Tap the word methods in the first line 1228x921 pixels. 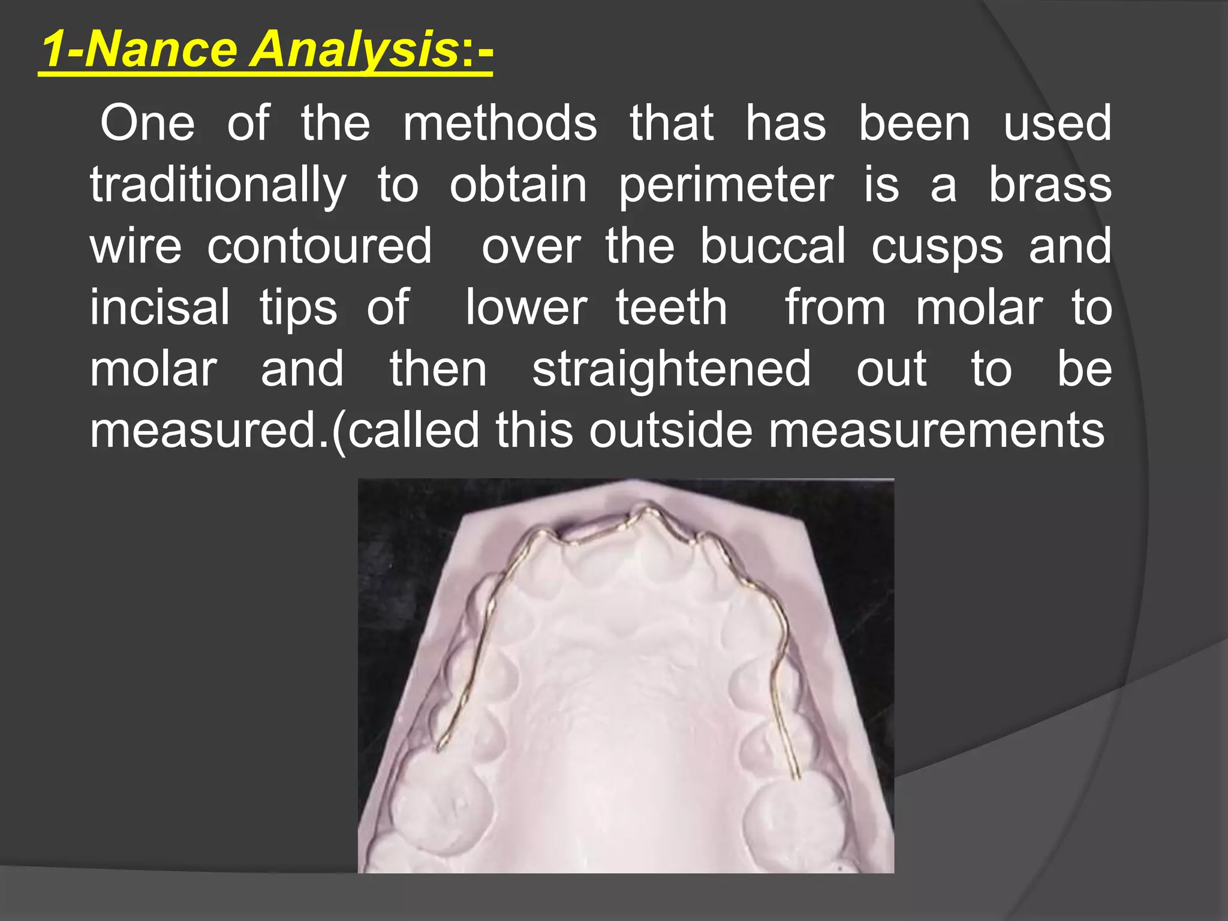click(500, 124)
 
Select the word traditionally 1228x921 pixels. click(218, 186)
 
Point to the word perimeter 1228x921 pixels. click(726, 186)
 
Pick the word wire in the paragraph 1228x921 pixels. click(136, 246)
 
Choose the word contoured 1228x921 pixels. click(320, 246)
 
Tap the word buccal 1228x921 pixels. click(773, 246)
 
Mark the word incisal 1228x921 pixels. click(160, 307)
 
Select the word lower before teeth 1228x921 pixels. click(526, 308)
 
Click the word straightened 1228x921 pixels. click(672, 369)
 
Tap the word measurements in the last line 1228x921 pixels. click(937, 431)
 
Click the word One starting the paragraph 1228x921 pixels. click(148, 124)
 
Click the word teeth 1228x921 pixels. click(672, 307)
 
